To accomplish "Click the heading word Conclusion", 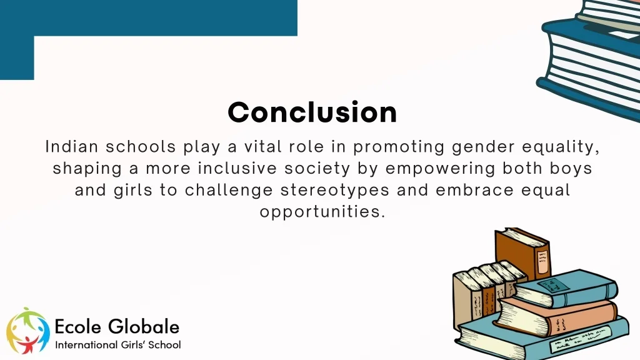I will point(312,112).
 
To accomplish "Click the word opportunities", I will point(320,212).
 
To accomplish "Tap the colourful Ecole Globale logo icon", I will point(28,331).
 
